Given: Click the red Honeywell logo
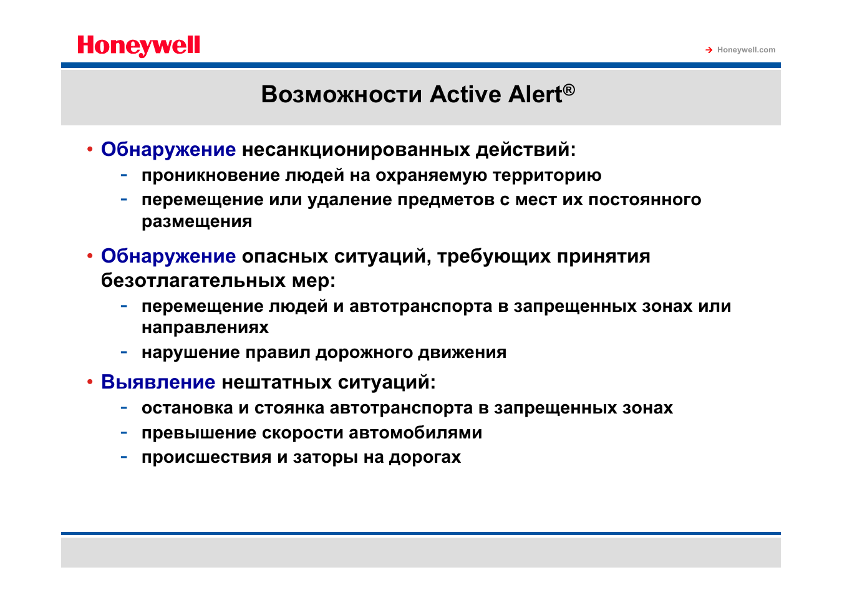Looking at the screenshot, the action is pyautogui.click(x=138, y=46).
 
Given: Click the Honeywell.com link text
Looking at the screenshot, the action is pyautogui.click(x=746, y=50).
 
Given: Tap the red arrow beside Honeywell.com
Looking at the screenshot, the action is pyautogui.click(x=709, y=50).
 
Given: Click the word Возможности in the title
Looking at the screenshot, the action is pyautogui.click(x=342, y=94).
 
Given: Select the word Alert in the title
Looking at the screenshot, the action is pyautogui.click(x=535, y=94).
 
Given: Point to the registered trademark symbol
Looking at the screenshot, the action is pyautogui.click(x=569, y=89).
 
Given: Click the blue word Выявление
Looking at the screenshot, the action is pyautogui.click(x=158, y=382).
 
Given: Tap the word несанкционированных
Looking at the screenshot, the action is pyautogui.click(x=356, y=150).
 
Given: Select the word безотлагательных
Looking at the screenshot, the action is pyautogui.click(x=193, y=281).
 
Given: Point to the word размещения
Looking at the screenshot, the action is pyautogui.click(x=196, y=221).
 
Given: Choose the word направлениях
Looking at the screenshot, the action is pyautogui.click(x=205, y=327).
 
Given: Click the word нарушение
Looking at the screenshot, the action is pyautogui.click(x=191, y=352).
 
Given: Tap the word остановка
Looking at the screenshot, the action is pyautogui.click(x=187, y=408).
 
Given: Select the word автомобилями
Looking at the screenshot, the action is pyautogui.click(x=415, y=433).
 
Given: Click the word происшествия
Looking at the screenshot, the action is pyautogui.click(x=206, y=457).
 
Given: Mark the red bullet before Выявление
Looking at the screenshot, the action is pyautogui.click(x=90, y=382).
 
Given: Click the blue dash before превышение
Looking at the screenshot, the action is pyautogui.click(x=123, y=433).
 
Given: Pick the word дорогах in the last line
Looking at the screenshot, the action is pyautogui.click(x=425, y=457).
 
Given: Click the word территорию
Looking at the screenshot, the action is pyautogui.click(x=547, y=175).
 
